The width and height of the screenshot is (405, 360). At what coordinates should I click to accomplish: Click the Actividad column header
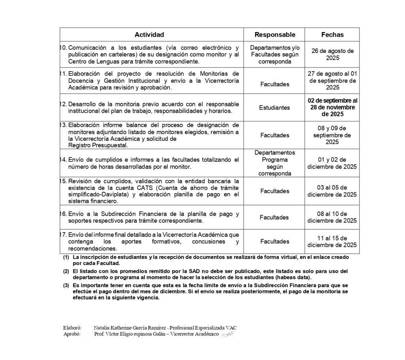coord(149,35)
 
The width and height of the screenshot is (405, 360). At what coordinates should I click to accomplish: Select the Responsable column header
coord(275,35)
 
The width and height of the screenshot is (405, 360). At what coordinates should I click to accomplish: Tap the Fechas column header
coord(332,35)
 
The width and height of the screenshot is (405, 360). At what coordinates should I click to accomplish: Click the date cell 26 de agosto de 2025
coord(332,54)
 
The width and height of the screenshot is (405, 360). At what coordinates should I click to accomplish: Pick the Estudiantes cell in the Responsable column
coord(275,108)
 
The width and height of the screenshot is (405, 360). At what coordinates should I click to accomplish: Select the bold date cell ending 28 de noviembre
coord(332,107)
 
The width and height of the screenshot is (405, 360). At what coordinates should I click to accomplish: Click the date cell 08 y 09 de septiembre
coord(332,135)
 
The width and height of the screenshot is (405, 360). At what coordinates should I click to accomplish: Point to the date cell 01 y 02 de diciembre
coord(332,163)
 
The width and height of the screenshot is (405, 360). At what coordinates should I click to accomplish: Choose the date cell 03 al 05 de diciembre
coord(332,191)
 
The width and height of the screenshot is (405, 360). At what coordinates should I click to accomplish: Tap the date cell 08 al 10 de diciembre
coord(332,217)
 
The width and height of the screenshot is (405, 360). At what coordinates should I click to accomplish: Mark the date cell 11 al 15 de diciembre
coord(332,241)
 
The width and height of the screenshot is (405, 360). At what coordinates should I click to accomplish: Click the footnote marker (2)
coord(66,271)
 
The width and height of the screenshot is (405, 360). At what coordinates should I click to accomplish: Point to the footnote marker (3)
coord(66,285)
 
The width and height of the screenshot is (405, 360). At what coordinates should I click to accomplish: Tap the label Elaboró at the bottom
coord(72,328)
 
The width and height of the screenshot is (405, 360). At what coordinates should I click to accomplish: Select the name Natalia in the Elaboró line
coord(103,328)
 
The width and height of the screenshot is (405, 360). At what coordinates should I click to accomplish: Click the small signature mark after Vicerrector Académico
coord(228,335)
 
